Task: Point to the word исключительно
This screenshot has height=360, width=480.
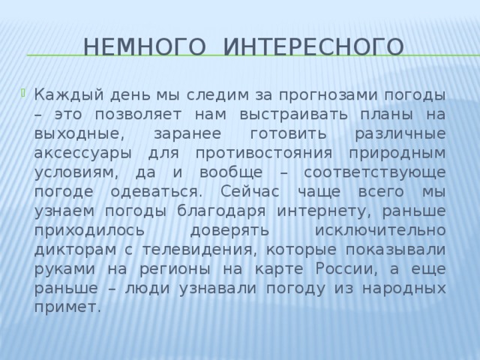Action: pos(381,229)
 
